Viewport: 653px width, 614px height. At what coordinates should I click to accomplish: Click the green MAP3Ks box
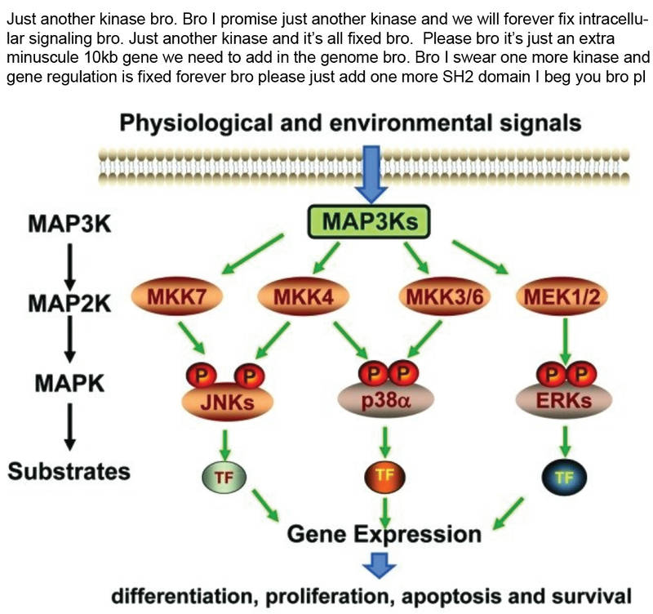tap(369, 221)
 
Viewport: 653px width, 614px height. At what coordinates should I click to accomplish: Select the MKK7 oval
tap(177, 296)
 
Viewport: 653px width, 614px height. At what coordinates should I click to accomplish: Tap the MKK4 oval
tap(303, 296)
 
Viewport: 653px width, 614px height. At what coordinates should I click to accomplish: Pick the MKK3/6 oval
tap(444, 296)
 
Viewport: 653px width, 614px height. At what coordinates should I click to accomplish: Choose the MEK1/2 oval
tap(562, 296)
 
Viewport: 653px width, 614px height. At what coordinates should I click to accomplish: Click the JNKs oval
tap(228, 401)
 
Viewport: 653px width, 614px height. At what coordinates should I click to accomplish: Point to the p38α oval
tap(386, 399)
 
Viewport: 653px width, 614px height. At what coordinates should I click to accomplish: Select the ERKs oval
tap(564, 399)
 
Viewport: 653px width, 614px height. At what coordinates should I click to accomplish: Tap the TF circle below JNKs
tap(224, 477)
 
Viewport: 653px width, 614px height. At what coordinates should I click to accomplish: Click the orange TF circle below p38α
tap(384, 476)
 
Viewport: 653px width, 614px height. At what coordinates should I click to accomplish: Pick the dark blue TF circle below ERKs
tap(564, 477)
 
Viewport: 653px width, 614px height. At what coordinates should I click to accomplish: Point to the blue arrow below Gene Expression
tap(380, 565)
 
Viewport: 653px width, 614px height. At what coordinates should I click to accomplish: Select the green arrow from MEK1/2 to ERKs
tap(565, 341)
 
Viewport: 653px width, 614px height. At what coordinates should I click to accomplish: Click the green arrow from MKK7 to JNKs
tap(192, 338)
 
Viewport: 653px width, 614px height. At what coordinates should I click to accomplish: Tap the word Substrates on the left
tap(69, 472)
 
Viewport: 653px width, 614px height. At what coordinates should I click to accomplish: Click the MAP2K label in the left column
tap(69, 303)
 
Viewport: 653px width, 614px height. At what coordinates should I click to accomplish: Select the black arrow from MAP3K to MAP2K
tap(70, 267)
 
